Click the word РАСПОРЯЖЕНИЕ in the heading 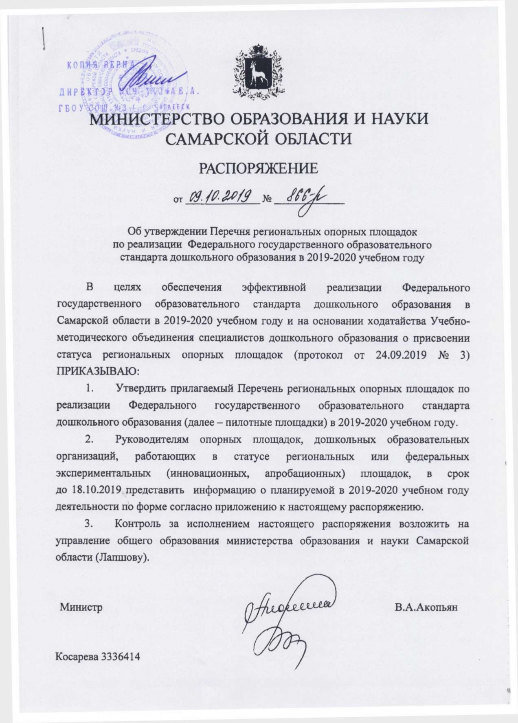[258, 169]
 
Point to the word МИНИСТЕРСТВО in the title [157, 119]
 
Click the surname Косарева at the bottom [77, 656]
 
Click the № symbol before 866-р [267, 199]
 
